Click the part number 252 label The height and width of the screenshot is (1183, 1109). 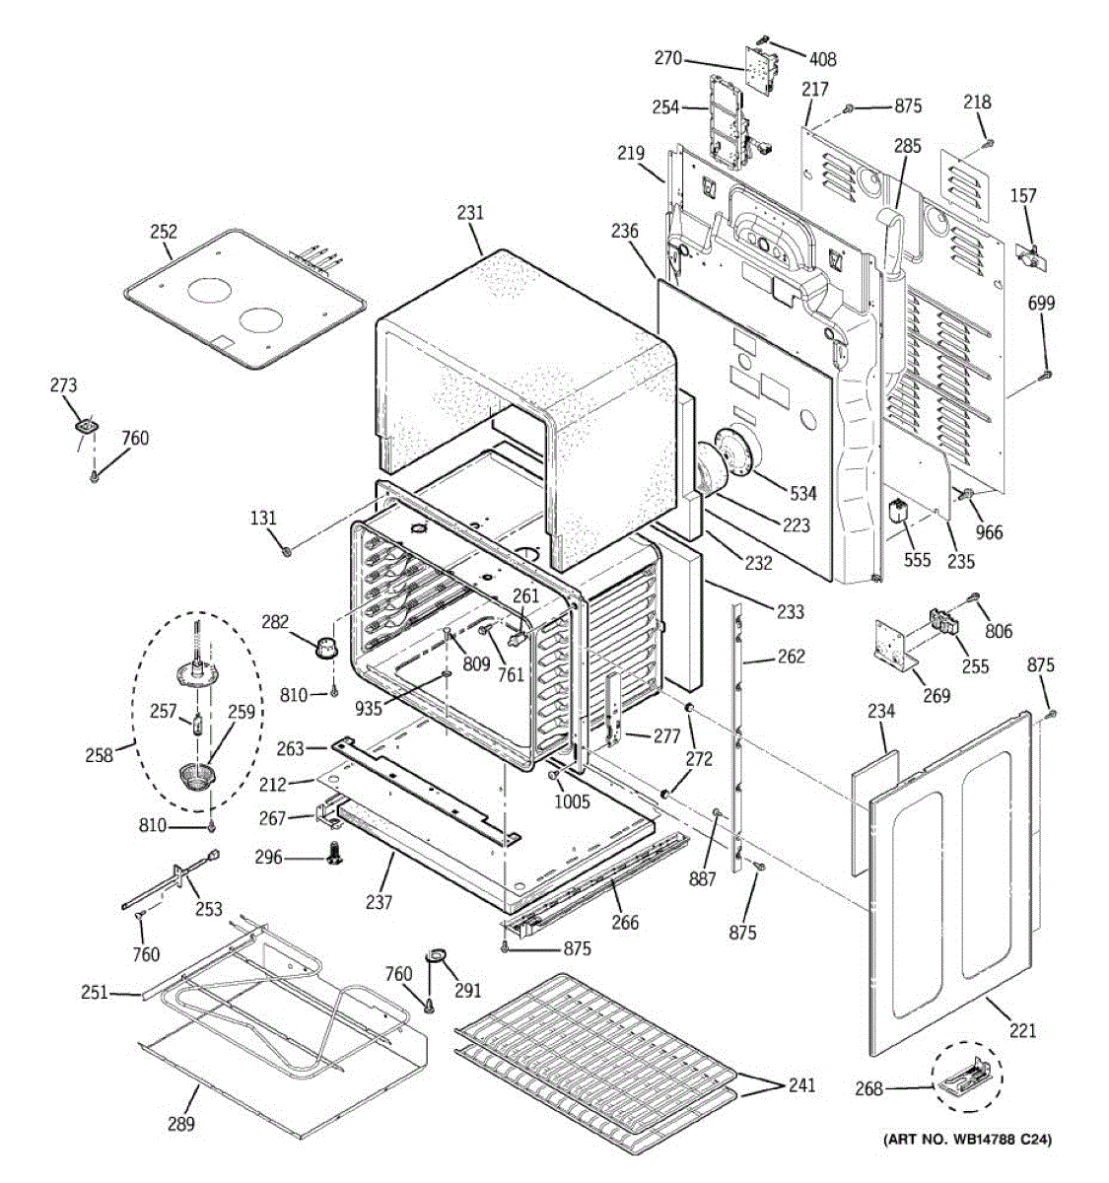tap(164, 232)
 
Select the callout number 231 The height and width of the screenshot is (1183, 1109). tap(471, 212)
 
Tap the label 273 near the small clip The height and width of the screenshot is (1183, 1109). tap(63, 385)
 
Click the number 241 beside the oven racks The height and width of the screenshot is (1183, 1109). tap(800, 1085)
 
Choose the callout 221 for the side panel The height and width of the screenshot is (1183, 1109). tap(1023, 1031)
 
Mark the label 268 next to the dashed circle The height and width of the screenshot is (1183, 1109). tap(868, 1089)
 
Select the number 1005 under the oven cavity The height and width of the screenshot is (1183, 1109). tap(572, 801)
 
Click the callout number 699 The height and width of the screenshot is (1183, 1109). tap(1041, 303)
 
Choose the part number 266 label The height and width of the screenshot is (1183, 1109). tap(625, 923)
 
